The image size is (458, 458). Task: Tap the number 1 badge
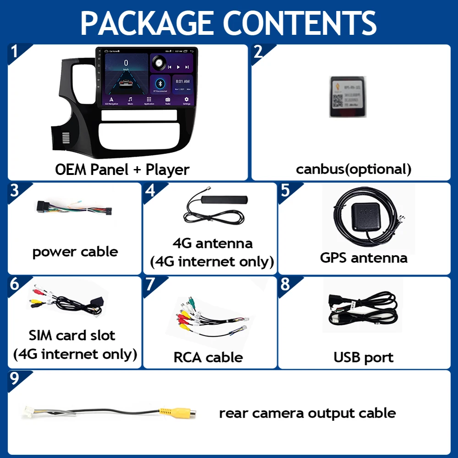pyautogui.click(x=15, y=52)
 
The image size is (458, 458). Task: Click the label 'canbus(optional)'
pyautogui.click(x=354, y=169)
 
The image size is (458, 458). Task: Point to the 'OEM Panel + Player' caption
pyautogui.click(x=122, y=169)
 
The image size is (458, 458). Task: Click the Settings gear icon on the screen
pyautogui.click(x=186, y=100)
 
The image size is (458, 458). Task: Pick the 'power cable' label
pyautogui.click(x=75, y=251)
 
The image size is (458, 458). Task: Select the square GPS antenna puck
pyautogui.click(x=364, y=216)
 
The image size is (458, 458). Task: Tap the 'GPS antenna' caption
pyautogui.click(x=364, y=257)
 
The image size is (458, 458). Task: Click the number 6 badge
pyautogui.click(x=15, y=284)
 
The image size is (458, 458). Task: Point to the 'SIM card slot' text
pyautogui.click(x=72, y=335)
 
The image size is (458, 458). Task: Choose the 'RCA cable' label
pyautogui.click(x=208, y=357)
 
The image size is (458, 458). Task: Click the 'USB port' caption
pyautogui.click(x=364, y=357)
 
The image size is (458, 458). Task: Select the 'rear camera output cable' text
pyautogui.click(x=307, y=413)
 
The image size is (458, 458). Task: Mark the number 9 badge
pyautogui.click(x=15, y=378)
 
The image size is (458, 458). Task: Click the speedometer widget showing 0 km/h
pyautogui.click(x=126, y=64)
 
